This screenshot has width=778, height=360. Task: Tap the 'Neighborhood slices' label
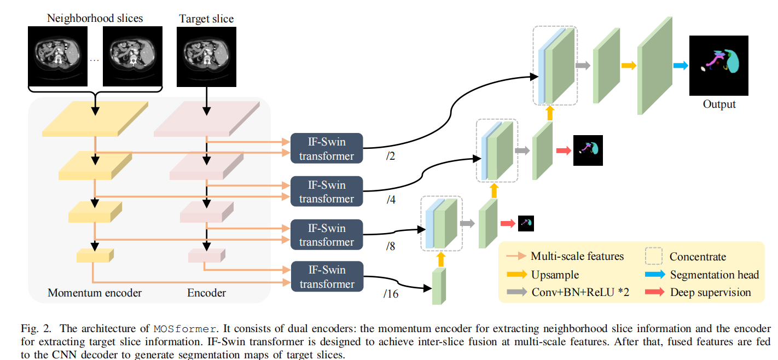pyautogui.click(x=95, y=18)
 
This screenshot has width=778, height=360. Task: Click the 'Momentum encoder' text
pyautogui.click(x=95, y=293)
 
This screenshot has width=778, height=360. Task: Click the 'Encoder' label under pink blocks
pyautogui.click(x=206, y=293)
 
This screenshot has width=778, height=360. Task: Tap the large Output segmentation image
pyautogui.click(x=718, y=65)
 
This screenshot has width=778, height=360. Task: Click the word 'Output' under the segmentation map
pyautogui.click(x=719, y=104)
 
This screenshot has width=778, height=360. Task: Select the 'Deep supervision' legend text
pyautogui.click(x=710, y=292)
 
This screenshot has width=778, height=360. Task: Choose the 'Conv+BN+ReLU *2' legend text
pyautogui.click(x=580, y=292)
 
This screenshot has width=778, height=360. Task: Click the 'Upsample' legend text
pyautogui.click(x=555, y=274)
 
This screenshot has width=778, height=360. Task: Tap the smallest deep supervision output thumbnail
pyautogui.click(x=525, y=223)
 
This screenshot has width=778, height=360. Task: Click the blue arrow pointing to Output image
pyautogui.click(x=680, y=66)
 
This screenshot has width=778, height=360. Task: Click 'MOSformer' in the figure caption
pyautogui.click(x=185, y=329)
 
